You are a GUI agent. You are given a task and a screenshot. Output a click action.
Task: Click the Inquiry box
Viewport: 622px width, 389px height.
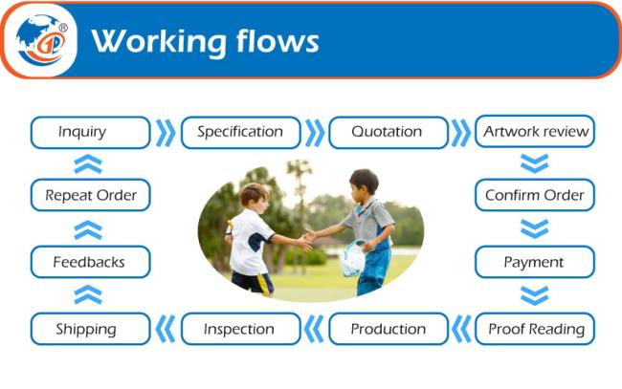pyautogui.click(x=91, y=132)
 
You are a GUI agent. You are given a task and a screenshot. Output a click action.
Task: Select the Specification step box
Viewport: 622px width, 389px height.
pyautogui.click(x=241, y=132)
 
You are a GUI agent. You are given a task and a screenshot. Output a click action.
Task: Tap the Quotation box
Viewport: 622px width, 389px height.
pyautogui.click(x=389, y=132)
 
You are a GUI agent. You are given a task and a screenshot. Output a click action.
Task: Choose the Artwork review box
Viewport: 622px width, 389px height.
pyautogui.click(x=535, y=131)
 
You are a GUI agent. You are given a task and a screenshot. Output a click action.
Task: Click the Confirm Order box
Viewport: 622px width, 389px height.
pyautogui.click(x=535, y=195)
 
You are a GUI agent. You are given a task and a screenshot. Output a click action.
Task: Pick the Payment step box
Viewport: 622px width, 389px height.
pyautogui.click(x=535, y=262)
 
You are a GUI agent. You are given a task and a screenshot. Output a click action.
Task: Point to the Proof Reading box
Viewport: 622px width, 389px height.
pyautogui.click(x=535, y=329)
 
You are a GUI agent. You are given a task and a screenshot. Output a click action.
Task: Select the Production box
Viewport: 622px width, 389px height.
pyautogui.click(x=389, y=329)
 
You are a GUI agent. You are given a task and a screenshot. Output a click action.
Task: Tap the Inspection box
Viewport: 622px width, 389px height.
pyautogui.click(x=241, y=329)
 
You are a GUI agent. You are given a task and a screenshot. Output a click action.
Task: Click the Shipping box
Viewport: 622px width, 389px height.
pyautogui.click(x=91, y=329)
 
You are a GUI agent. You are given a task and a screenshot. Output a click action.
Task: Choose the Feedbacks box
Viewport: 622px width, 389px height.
pyautogui.click(x=91, y=262)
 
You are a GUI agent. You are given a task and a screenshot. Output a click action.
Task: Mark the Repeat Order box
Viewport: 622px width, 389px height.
pyautogui.click(x=91, y=195)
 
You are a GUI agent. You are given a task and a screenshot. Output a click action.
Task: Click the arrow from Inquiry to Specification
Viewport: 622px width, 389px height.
pyautogui.click(x=166, y=133)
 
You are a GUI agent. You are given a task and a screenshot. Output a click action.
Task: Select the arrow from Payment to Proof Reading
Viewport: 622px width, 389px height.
pyautogui.click(x=535, y=295)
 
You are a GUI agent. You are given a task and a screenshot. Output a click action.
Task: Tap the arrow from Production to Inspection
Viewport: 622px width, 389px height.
pyautogui.click(x=314, y=329)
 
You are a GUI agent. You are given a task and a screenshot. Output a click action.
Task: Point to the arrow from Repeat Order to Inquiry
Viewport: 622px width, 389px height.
pyautogui.click(x=88, y=164)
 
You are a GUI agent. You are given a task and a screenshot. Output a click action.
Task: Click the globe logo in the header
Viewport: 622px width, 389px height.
pyautogui.click(x=41, y=40)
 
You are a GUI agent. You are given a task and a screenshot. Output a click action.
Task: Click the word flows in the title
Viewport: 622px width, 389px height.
pyautogui.click(x=278, y=40)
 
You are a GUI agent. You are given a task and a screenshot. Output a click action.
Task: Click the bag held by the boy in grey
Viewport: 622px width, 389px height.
pyautogui.click(x=352, y=259)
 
